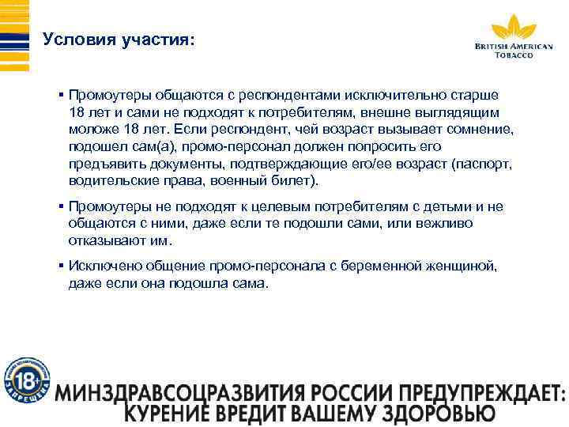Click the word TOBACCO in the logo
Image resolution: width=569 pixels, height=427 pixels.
pos(514,55)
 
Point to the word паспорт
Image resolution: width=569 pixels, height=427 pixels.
pos(489,164)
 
